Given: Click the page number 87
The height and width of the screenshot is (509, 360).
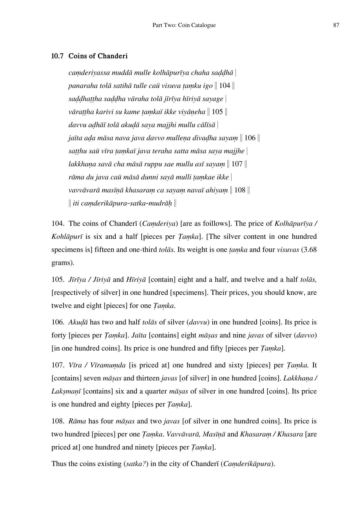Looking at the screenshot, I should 336,25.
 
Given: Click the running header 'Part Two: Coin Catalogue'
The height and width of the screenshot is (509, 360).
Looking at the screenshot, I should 184,25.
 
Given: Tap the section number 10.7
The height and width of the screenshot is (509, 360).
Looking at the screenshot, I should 57,56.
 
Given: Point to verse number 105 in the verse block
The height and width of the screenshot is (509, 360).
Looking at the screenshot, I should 217,112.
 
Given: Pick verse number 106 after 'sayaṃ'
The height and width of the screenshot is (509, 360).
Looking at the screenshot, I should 250,138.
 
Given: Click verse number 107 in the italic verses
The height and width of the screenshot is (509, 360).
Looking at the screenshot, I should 237,164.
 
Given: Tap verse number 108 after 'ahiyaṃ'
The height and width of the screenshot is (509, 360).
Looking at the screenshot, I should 240,190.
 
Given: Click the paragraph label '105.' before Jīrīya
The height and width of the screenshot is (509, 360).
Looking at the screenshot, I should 58,279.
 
